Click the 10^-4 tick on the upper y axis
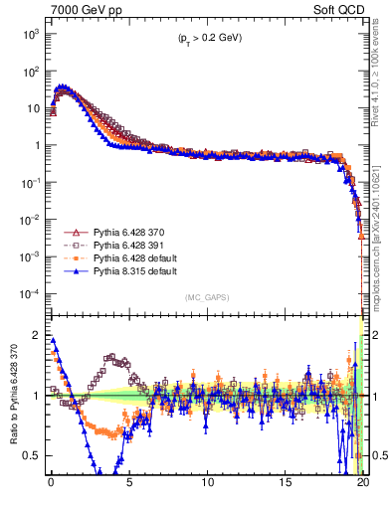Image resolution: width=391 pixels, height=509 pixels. coord(31,293)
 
